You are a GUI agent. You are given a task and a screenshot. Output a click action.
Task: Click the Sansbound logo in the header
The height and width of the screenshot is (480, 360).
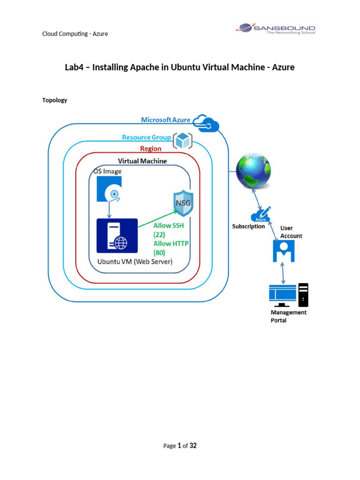coord(276,30)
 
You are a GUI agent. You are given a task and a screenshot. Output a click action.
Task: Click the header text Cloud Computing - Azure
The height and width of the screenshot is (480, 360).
coord(75,34)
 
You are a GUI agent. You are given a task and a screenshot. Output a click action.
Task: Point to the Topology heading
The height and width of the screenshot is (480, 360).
coord(55,100)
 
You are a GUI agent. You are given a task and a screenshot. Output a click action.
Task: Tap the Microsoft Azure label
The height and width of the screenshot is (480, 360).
coord(165,120)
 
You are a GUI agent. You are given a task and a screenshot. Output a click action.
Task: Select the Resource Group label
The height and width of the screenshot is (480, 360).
coord(146,137)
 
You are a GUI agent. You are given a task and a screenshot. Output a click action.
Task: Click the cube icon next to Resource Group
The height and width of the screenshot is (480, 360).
coord(182,140)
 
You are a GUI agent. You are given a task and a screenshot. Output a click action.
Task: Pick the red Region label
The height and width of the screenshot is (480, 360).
coord(150,149)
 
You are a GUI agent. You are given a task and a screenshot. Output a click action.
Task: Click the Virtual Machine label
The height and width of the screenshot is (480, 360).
coord(142,161)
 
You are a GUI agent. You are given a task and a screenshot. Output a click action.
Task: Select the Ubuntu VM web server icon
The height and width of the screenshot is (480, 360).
coord(117,236)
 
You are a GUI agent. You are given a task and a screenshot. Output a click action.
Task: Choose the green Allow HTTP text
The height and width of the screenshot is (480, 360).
coord(171,243)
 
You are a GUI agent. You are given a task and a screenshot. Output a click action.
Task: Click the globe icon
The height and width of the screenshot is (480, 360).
coord(254,171)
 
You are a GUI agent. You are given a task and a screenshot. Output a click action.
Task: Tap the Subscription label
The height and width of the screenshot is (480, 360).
coord(248,226)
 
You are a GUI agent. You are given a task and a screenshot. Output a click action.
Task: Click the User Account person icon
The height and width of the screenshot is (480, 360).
coord(284,251)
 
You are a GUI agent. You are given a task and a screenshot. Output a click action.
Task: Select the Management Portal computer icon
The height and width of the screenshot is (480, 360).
coord(288,294)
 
